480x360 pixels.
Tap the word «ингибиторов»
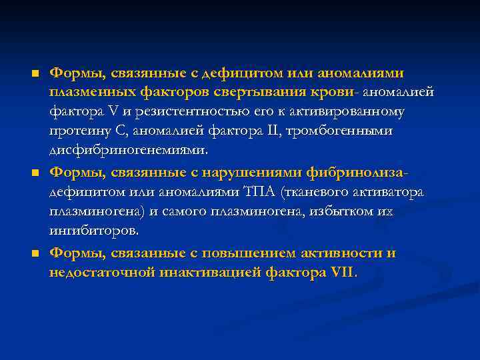(x=94, y=231)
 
